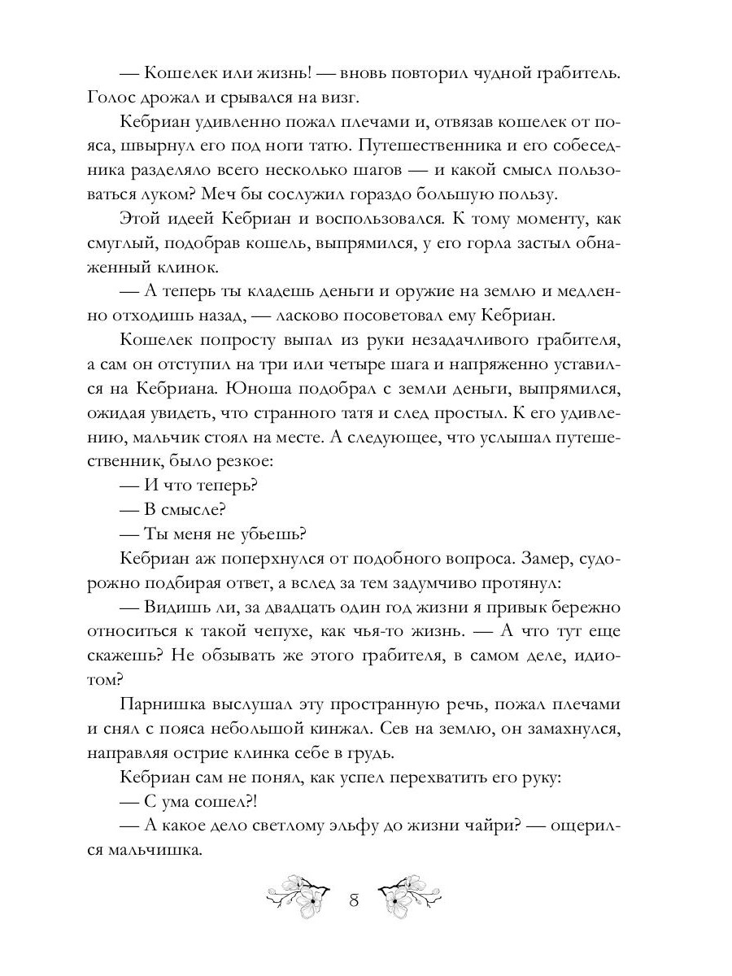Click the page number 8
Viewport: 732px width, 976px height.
tap(354, 900)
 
